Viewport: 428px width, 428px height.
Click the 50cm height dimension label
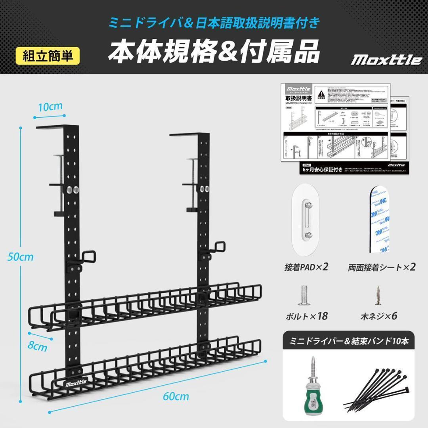21,257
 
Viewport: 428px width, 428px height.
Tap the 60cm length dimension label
176,396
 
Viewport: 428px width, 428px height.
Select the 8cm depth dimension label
38,348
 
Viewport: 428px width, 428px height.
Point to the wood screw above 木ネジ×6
378,295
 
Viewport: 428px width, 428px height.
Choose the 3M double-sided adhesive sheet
379,220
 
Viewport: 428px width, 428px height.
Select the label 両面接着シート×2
382,267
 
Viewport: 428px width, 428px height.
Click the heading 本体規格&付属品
214,52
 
